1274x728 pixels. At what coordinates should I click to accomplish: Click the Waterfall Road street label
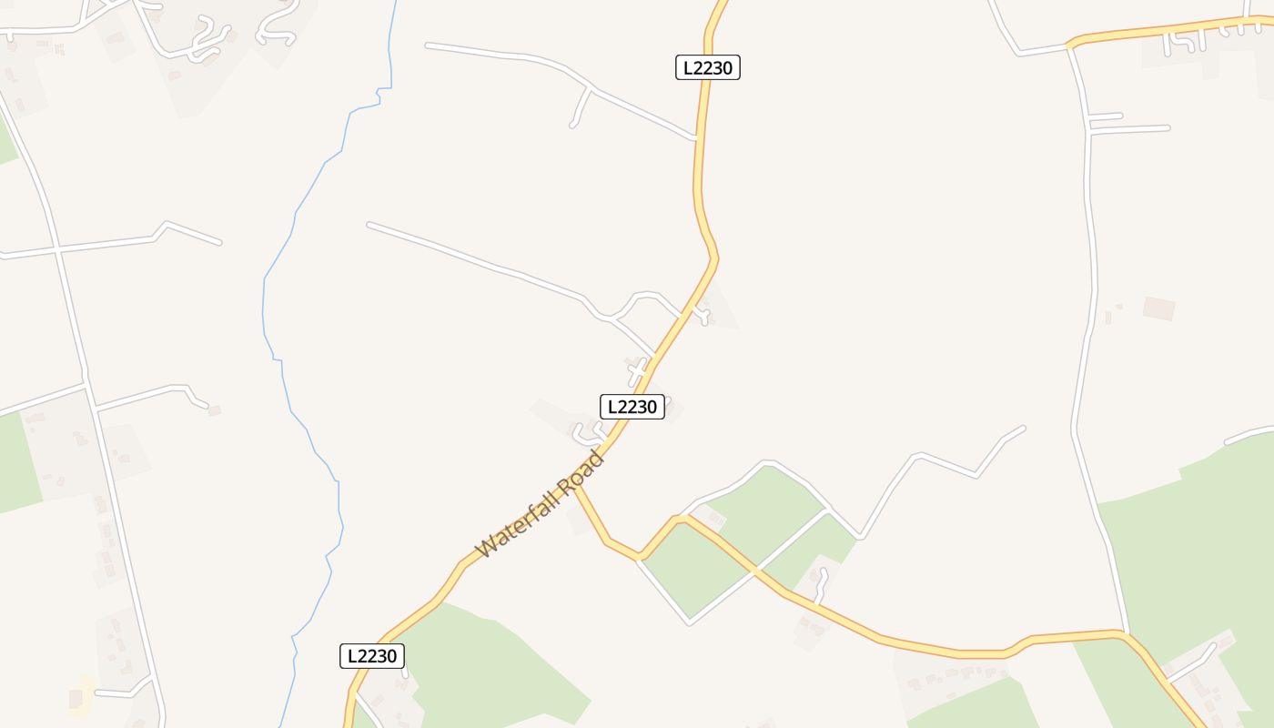[541, 503]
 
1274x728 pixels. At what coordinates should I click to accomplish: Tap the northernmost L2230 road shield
[707, 67]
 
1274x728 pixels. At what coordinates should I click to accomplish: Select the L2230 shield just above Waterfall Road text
[632, 407]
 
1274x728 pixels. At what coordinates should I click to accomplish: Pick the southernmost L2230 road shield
[371, 656]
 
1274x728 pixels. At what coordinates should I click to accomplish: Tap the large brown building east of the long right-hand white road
[1158, 308]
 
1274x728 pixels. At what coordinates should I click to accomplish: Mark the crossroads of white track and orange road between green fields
[755, 571]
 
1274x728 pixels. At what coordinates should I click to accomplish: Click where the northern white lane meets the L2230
[696, 139]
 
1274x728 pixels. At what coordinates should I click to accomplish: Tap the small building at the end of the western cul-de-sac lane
[214, 410]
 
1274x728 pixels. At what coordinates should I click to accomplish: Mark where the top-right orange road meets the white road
[1071, 45]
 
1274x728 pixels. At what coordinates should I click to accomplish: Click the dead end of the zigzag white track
[1024, 428]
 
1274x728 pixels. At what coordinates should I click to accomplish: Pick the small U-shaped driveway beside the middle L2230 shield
[586, 431]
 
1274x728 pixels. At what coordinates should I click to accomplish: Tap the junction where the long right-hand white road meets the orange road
[1127, 632]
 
